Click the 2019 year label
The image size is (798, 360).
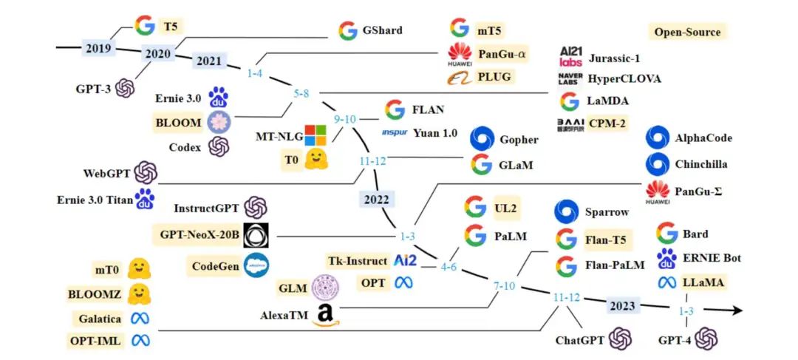(x=98, y=50)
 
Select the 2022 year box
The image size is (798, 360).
(x=378, y=199)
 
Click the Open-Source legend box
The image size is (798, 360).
(x=686, y=32)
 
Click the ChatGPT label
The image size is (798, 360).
(x=580, y=341)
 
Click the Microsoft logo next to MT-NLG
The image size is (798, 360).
(x=316, y=135)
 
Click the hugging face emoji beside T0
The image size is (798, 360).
(x=316, y=159)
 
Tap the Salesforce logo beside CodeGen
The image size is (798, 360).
(x=256, y=265)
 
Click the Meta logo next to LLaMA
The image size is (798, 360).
(x=668, y=282)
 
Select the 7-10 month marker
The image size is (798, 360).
(x=505, y=285)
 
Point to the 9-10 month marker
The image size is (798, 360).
(x=344, y=118)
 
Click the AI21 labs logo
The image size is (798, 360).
(x=571, y=57)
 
